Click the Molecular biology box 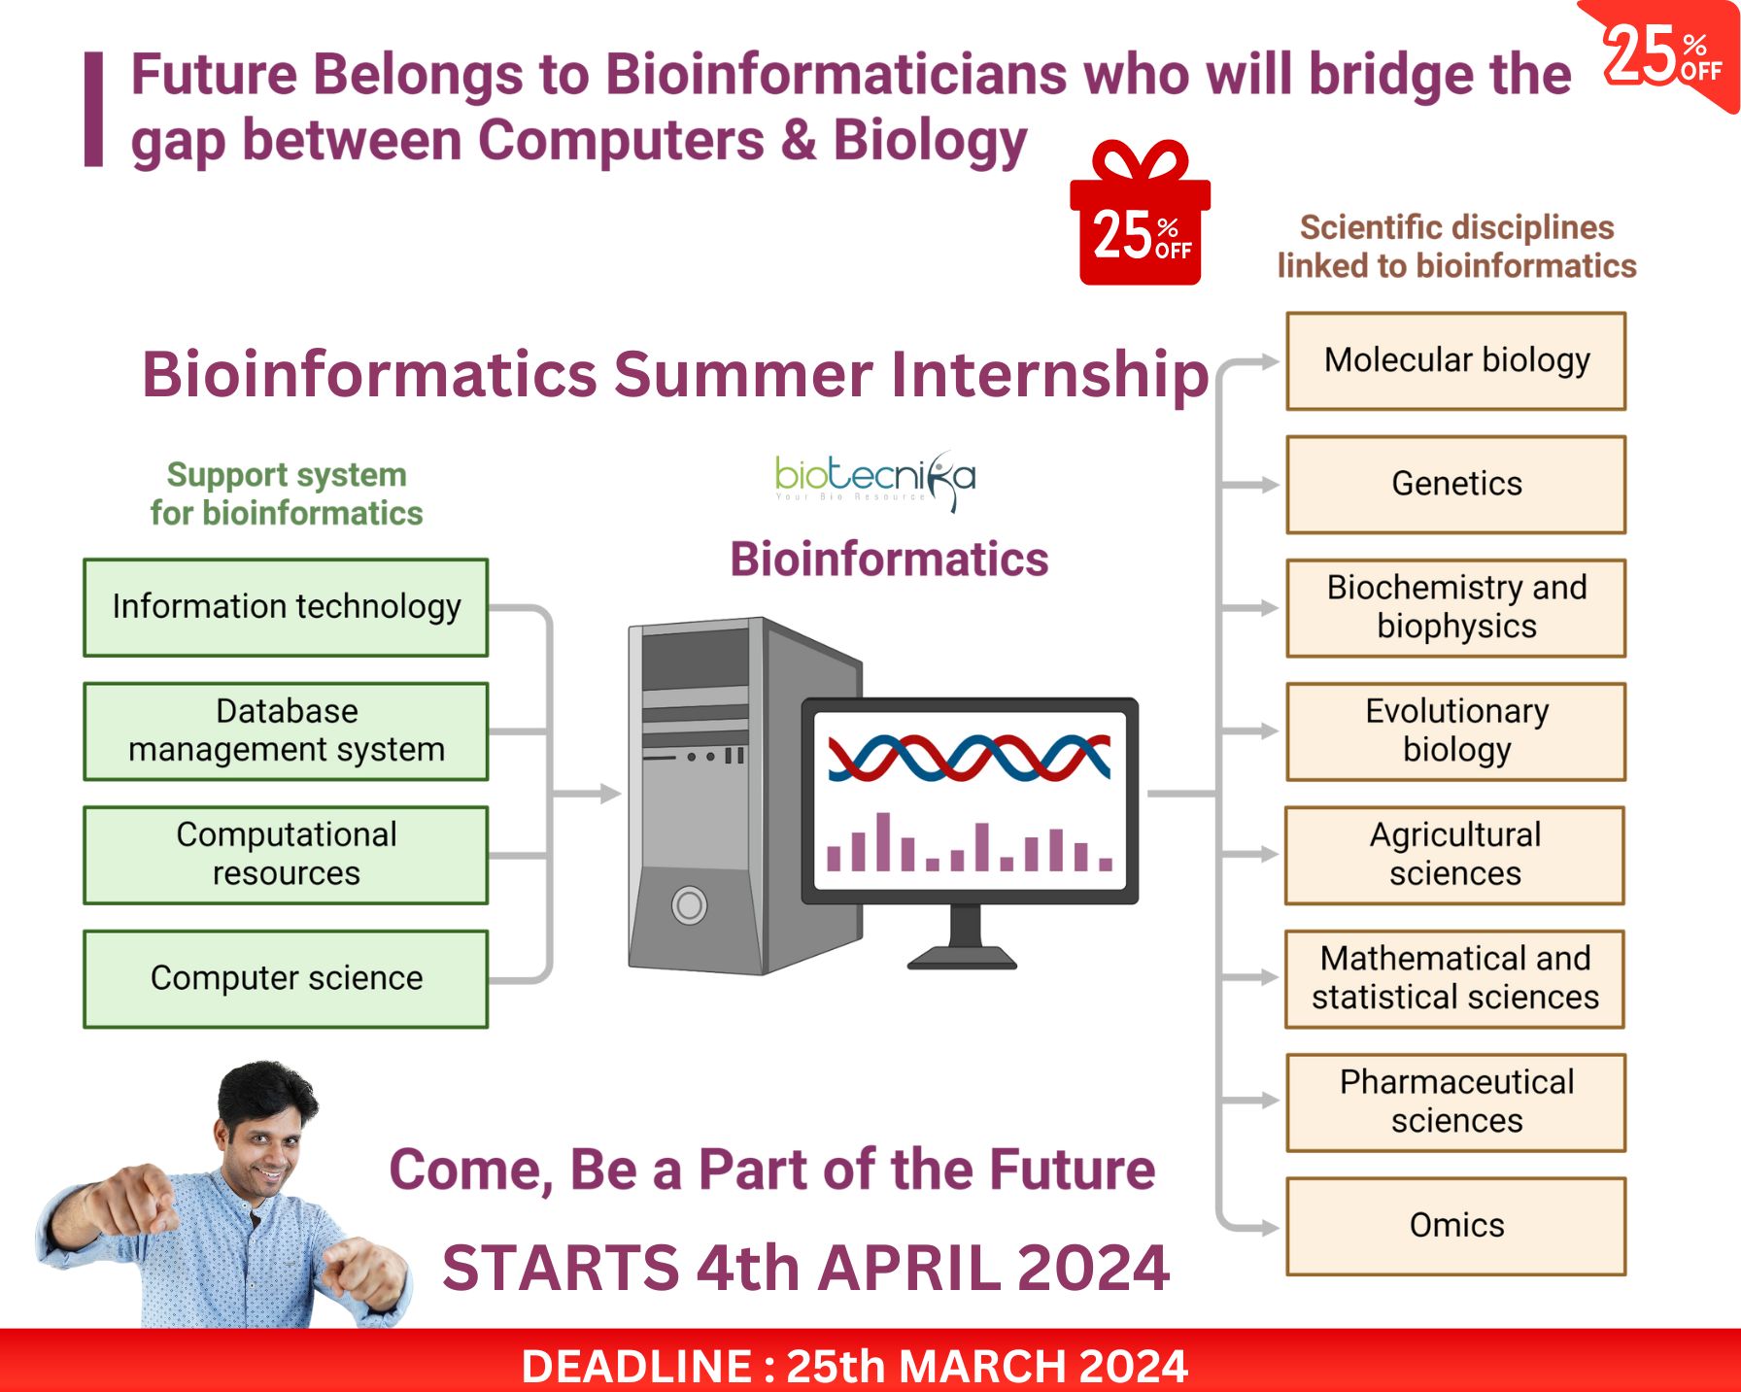[1455, 360]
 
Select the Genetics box [1455, 484]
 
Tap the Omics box [1455, 1226]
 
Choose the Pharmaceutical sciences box [1455, 1103]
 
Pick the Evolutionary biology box [1455, 731]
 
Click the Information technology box [286, 607]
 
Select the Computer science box [286, 979]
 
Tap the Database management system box [286, 731]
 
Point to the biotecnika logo [874, 479]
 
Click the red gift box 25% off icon [1140, 214]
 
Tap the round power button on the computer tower [690, 905]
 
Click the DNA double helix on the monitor [969, 758]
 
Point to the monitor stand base [962, 959]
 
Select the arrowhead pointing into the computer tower [610, 794]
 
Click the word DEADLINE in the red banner [636, 1366]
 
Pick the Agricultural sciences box [1454, 855]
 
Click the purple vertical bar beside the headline [93, 109]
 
